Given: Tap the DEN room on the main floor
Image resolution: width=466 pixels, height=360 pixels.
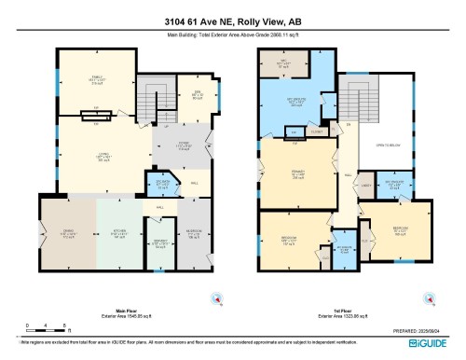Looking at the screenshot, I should point(185,94).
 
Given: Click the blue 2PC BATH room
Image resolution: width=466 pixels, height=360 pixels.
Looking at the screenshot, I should point(161,184).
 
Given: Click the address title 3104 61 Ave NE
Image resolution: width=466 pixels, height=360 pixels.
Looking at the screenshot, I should point(233,21).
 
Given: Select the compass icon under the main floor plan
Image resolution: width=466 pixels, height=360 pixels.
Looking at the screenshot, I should point(217,299).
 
